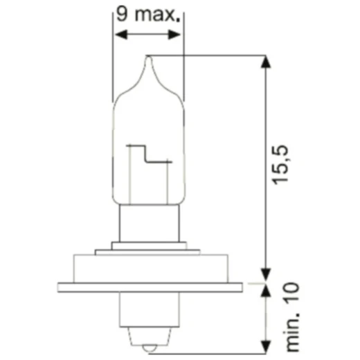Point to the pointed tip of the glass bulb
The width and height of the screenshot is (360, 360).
point(147,58)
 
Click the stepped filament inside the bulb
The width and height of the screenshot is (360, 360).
point(148,152)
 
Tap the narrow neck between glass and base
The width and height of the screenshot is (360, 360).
point(147,222)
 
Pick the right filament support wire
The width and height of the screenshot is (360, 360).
point(167,180)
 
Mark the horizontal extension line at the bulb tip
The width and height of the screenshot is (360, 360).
point(208,55)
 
